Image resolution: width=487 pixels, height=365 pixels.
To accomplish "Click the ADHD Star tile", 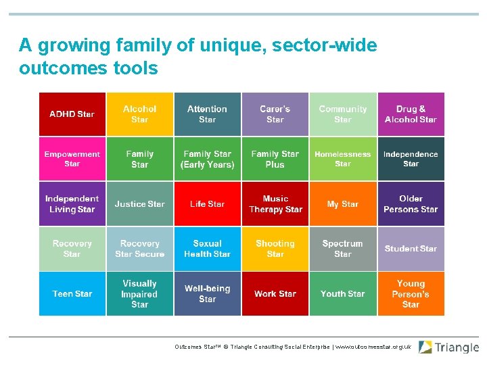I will click(72, 114).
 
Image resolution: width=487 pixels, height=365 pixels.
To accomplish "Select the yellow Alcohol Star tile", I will click(140, 114).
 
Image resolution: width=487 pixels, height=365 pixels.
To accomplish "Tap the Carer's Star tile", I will click(275, 114).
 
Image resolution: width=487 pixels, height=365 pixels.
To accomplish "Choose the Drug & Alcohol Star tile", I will click(411, 114).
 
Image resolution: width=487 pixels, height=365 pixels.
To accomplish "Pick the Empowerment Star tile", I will click(72, 159).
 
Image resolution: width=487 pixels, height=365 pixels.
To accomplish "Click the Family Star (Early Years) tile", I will click(208, 159).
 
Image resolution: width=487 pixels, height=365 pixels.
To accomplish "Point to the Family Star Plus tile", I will click(275, 159).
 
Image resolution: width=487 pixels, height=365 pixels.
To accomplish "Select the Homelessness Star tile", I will click(343, 159).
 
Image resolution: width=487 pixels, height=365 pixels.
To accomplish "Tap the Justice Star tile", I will click(140, 203).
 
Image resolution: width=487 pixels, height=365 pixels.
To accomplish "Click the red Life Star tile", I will click(208, 203).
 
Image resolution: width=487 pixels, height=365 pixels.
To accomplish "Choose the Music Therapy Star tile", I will click(275, 203).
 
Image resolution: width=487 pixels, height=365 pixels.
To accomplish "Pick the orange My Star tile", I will click(343, 203).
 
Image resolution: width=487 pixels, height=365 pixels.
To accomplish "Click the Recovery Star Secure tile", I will click(140, 249).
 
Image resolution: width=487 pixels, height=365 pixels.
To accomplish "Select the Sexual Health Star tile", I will click(208, 249).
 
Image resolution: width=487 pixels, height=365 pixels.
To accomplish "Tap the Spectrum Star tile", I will click(343, 249).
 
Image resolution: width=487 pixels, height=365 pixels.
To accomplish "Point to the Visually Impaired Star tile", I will click(140, 294).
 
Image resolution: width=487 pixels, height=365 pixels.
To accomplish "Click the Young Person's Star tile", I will click(411, 294).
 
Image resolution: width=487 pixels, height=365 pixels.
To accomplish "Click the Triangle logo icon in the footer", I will click(425, 347).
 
